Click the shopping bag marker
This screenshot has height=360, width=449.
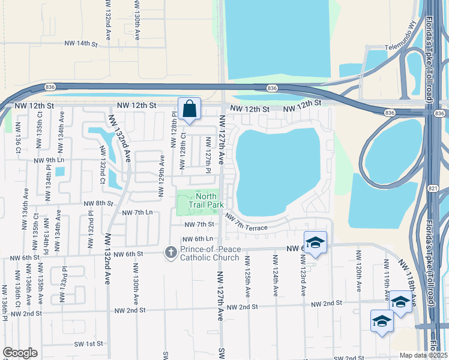point(189,109)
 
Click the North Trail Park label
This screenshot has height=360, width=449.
point(206,200)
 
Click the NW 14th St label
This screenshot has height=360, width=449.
point(81,43)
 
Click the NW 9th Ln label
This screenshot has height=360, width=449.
point(49,161)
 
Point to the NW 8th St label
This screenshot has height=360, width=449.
point(98,203)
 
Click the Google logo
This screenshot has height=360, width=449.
point(20,353)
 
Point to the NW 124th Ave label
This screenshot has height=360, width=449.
point(276,275)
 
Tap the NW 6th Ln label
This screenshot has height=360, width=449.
point(199,239)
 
